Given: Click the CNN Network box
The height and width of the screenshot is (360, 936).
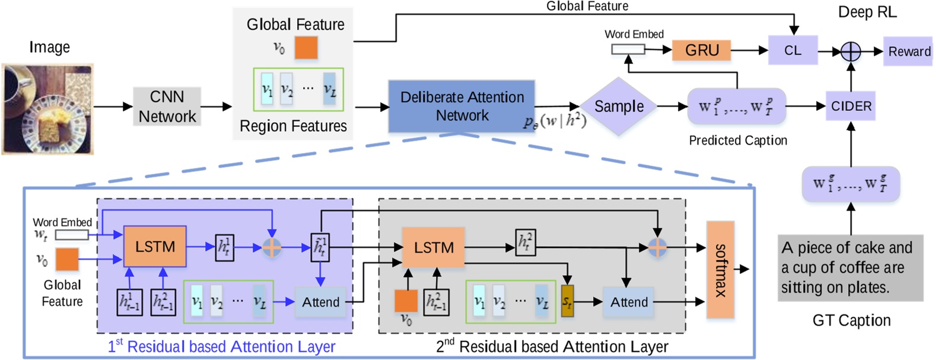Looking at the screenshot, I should point(167,107).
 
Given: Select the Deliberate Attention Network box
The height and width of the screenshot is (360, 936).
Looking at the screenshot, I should point(461,106).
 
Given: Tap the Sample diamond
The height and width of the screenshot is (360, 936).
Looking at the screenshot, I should point(619,107).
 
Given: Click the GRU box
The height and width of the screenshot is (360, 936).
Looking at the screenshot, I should point(701,50).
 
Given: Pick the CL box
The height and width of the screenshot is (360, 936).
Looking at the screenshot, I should point(792,50).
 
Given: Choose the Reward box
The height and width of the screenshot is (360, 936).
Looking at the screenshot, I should point(908,52).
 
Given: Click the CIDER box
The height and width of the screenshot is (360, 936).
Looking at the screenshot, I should point(851,106).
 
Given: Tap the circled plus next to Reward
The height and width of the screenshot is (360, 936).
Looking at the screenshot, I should point(851,52).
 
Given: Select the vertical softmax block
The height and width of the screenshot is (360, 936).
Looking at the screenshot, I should point(720,270).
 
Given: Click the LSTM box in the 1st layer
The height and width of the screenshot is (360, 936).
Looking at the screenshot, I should point(155,246).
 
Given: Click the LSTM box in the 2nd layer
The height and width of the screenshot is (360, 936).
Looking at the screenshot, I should point(434,247).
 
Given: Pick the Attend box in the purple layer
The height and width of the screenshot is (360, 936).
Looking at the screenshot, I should point(320,302).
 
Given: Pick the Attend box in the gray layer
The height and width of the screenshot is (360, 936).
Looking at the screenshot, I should point(629,302).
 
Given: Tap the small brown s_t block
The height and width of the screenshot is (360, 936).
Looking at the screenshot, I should point(567,302).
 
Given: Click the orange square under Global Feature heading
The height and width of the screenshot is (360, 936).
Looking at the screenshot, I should point(306,47).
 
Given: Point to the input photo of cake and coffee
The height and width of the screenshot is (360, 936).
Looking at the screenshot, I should point(47,109).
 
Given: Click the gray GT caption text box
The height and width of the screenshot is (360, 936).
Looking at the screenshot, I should point(850,267).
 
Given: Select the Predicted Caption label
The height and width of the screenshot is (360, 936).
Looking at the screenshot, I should point(737,141).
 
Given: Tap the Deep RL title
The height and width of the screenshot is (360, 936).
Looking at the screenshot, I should point(867,12).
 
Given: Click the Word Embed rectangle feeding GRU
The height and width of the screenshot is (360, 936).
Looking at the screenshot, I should point(628,50).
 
